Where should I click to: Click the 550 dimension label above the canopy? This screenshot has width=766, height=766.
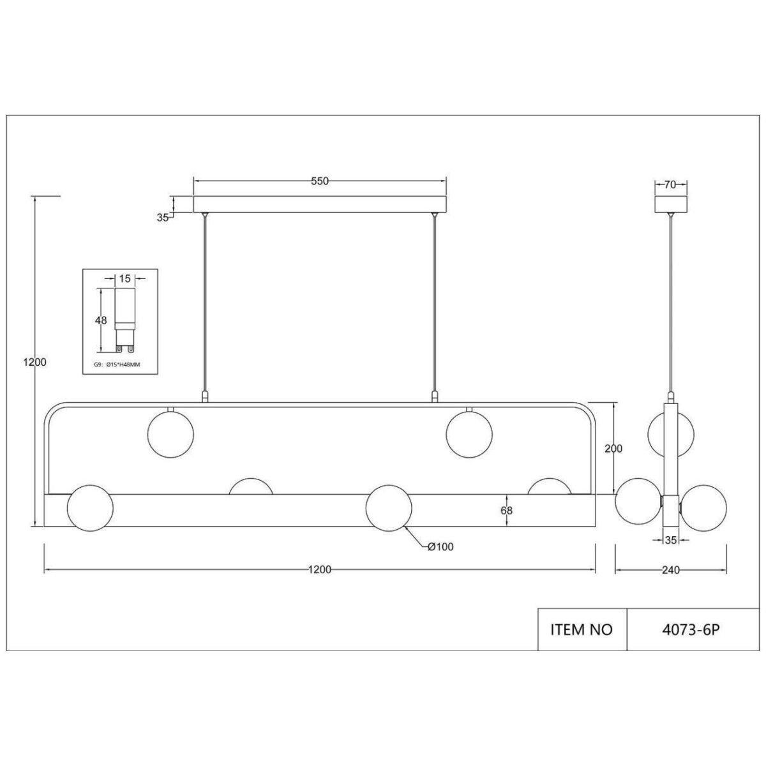[319, 181]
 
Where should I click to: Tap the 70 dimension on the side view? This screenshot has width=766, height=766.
[670, 185]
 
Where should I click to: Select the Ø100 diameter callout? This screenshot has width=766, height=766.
[440, 547]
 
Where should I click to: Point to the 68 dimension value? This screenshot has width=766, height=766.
[507, 510]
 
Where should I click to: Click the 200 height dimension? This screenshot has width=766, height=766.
[613, 449]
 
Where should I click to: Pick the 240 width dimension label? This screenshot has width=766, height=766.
[670, 570]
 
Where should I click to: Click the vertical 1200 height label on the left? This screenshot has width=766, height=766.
[35, 362]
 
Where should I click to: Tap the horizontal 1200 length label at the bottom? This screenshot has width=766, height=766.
[319, 570]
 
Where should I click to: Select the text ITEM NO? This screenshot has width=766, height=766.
[581, 629]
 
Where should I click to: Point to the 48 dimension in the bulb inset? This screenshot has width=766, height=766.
[101, 320]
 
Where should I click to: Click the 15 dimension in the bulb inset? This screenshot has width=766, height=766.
[124, 278]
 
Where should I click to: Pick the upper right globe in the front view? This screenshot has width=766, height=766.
[469, 433]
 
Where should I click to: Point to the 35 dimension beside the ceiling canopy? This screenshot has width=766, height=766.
[163, 217]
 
